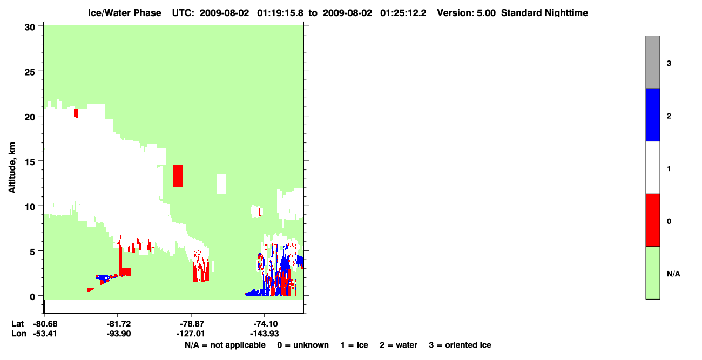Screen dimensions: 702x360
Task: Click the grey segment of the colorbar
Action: pos(653,62)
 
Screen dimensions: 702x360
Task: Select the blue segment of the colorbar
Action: pos(653,114)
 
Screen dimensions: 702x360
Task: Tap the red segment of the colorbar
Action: pos(653,220)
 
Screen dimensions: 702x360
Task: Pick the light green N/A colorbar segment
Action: pos(653,273)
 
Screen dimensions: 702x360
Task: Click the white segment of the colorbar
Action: pos(653,168)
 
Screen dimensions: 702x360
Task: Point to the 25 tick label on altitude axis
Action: pos(30,72)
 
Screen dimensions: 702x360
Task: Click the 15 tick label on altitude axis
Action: pos(30,162)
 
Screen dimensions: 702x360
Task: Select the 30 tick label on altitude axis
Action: pos(30,28)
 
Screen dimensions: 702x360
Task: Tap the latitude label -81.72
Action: pos(118,324)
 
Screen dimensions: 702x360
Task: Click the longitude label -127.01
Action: pos(191,334)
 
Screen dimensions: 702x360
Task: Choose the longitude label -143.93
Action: pos(264,334)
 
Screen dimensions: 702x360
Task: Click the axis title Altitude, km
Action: pos(12,168)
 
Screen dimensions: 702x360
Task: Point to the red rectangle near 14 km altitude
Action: pos(178,176)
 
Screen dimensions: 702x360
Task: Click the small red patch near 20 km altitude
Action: pos(76,113)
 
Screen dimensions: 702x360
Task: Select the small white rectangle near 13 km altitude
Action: pos(221,184)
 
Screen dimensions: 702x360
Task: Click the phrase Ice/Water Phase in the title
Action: pos(124,13)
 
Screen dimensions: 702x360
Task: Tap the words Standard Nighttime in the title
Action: pos(544,13)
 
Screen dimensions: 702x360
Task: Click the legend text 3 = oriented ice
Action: pos(460,345)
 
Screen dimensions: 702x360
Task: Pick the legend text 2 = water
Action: pos(399,345)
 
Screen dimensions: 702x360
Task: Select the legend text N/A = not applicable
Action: pos(225,345)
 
